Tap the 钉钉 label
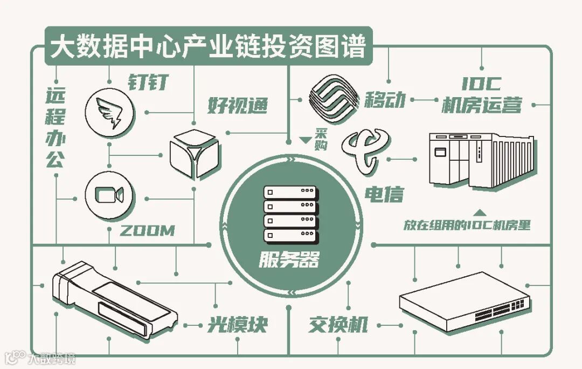pos(148,83)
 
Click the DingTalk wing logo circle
pos(110,111)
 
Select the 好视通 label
pos(237,106)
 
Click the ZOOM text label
pos(147,231)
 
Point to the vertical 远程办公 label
pos(54,128)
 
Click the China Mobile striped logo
pos(334,99)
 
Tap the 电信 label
pos(384,194)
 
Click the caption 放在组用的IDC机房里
pos(467,225)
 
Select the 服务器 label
pos(289,261)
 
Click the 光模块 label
pos(238,325)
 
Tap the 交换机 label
pos(338,325)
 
